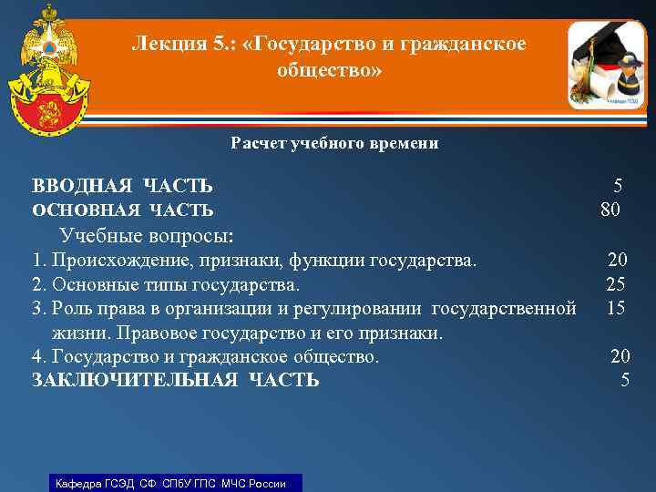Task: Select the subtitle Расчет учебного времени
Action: tap(334, 143)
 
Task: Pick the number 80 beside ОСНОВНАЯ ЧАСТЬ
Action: tap(610, 210)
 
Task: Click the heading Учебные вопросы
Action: tap(147, 236)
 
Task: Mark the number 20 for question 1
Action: tap(618, 261)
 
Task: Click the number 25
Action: tap(616, 284)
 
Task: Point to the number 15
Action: tap(616, 308)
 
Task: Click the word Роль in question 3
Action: tap(70, 309)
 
